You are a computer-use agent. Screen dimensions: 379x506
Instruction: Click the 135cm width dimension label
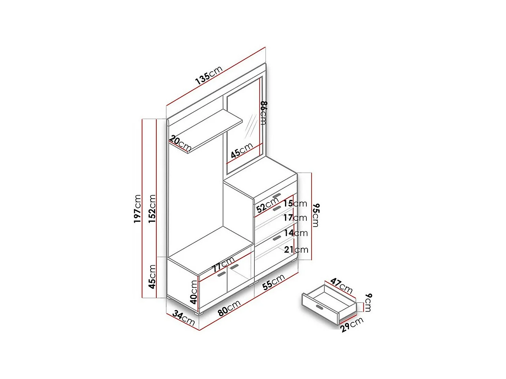coord(209,75)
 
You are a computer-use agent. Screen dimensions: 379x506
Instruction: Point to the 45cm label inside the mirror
coord(242,150)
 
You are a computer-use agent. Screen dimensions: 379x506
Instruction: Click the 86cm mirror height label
coord(263,113)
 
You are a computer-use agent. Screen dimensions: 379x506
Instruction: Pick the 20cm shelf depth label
coord(180,143)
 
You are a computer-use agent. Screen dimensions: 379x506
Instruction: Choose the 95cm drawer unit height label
coord(316,215)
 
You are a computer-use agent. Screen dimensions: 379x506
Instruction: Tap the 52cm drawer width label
coord(267,206)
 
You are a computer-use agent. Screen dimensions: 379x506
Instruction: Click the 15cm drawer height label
coord(295,203)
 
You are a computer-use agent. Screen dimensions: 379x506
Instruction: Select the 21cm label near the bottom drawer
coord(296,250)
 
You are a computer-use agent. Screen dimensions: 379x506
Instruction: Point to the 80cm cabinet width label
coord(229,308)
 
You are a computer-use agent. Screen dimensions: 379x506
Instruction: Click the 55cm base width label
coord(273,282)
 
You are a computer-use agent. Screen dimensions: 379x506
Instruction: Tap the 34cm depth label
coord(183,317)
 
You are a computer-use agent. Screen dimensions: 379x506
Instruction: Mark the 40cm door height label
coord(194,292)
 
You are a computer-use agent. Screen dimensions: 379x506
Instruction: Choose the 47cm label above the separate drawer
coord(341,286)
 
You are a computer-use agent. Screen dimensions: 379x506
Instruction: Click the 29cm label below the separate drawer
coord(352,325)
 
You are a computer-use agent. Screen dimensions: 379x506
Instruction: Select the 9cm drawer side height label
coord(368,302)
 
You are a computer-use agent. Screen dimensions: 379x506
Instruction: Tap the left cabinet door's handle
coord(221,274)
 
